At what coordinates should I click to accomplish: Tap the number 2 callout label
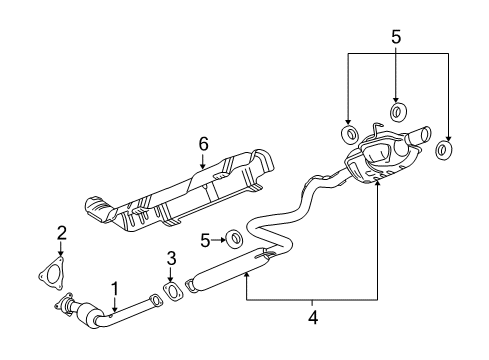click(x=61, y=233)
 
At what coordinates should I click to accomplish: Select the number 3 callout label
click(x=171, y=258)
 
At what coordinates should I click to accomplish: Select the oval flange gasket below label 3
click(x=171, y=291)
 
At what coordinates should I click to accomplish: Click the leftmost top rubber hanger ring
click(x=349, y=134)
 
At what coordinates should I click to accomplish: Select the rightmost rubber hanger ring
click(x=445, y=151)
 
